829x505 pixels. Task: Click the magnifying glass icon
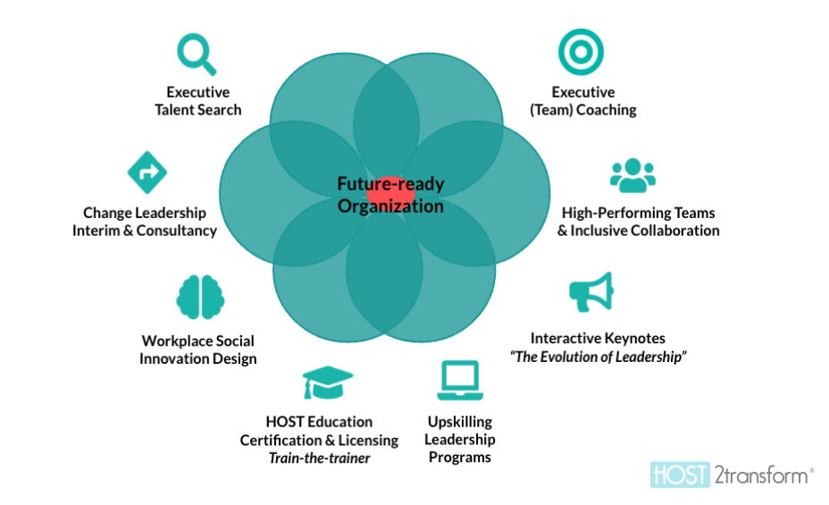click(x=197, y=53)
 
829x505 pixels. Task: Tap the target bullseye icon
click(x=581, y=51)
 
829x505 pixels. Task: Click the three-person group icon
click(x=632, y=176)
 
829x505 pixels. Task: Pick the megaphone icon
click(x=591, y=292)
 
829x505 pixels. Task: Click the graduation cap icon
click(x=326, y=383)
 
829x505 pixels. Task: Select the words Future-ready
click(x=390, y=185)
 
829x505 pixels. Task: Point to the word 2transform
click(x=759, y=475)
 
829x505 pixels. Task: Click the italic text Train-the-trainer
click(x=318, y=458)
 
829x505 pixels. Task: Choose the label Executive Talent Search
click(x=198, y=101)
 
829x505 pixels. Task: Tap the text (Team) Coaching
click(x=583, y=110)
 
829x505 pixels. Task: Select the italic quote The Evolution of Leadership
click(x=598, y=357)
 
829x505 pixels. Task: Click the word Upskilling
click(x=459, y=422)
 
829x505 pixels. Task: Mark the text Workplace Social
click(x=197, y=341)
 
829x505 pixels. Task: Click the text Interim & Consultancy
click(x=145, y=231)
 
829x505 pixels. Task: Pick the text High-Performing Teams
click(x=638, y=213)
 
